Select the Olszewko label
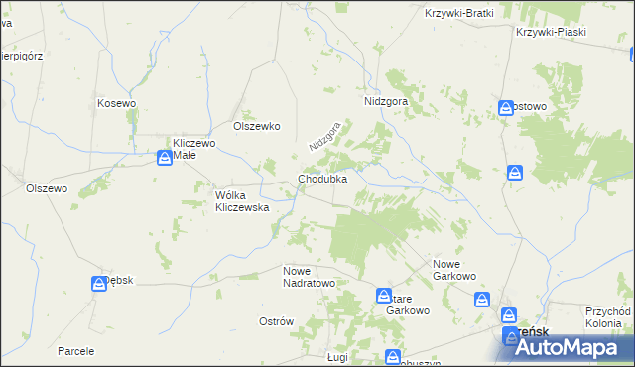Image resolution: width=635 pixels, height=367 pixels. coord(257,126)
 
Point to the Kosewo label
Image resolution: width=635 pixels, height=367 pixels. coord(116,102)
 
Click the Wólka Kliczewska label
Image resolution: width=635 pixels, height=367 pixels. coord(243,201)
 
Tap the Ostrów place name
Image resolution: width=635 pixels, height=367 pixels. coord(277,321)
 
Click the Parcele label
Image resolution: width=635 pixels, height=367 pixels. coord(75,351)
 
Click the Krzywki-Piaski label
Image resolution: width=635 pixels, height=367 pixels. coord(551,32)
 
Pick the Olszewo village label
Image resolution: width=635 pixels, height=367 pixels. coord(46,188)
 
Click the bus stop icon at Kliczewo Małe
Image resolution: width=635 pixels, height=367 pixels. coord(164,157)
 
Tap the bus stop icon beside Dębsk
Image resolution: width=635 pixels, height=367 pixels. coord(99,285)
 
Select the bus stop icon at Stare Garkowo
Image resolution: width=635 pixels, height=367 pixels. coord(384,296)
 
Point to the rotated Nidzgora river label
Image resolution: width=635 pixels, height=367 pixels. coord(324,136)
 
